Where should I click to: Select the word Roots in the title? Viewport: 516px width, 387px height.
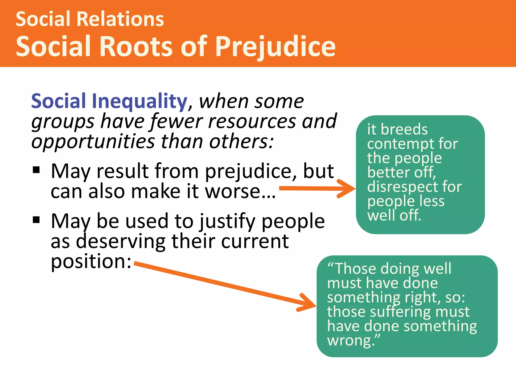(x=137, y=47)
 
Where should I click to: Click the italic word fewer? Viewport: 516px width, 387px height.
(x=176, y=121)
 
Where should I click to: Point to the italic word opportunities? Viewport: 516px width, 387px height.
(x=93, y=142)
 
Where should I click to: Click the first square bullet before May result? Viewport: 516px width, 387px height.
(x=37, y=170)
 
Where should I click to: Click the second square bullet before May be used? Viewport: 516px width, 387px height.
(x=37, y=220)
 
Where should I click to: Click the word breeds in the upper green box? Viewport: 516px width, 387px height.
(x=404, y=130)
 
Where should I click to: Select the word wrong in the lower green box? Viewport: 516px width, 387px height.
(x=349, y=341)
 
